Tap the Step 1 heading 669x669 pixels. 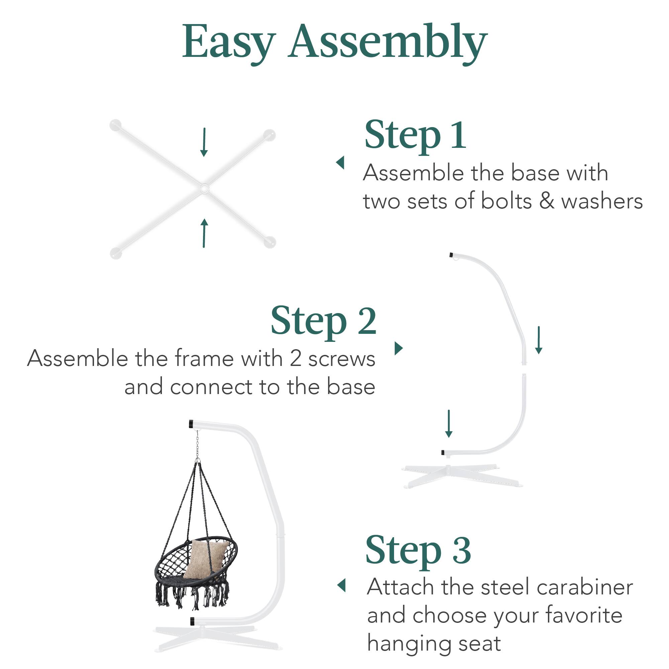click(x=415, y=135)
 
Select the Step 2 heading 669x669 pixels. click(x=323, y=321)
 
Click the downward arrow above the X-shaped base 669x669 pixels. click(x=204, y=142)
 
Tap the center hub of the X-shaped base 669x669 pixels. click(x=204, y=188)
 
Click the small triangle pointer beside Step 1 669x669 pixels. click(x=341, y=163)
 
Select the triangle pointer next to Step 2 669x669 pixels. click(x=399, y=348)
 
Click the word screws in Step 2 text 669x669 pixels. click(x=342, y=359)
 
